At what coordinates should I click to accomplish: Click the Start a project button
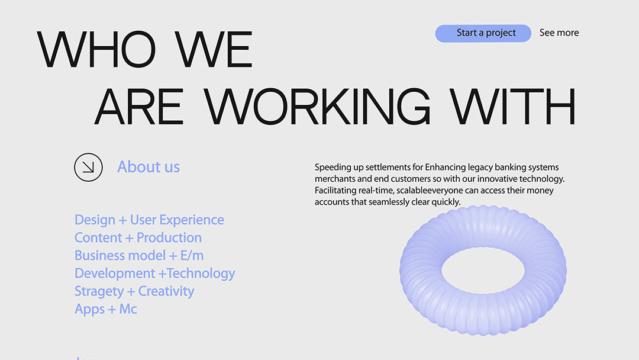483,33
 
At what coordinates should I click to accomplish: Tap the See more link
559,33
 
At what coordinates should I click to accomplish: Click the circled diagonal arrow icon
88,167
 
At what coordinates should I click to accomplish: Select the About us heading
149,167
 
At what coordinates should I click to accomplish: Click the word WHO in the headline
96,49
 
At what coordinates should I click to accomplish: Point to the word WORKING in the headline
317,106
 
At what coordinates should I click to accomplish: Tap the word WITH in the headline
512,106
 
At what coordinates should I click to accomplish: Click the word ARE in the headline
139,107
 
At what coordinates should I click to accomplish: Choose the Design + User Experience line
149,220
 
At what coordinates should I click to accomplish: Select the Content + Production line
138,237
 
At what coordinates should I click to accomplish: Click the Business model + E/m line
139,256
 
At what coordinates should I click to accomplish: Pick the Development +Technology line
155,274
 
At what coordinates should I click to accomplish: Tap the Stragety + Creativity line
134,291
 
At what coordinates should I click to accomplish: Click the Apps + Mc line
105,310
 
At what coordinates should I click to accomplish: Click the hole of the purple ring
483,270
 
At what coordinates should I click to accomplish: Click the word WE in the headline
214,49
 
